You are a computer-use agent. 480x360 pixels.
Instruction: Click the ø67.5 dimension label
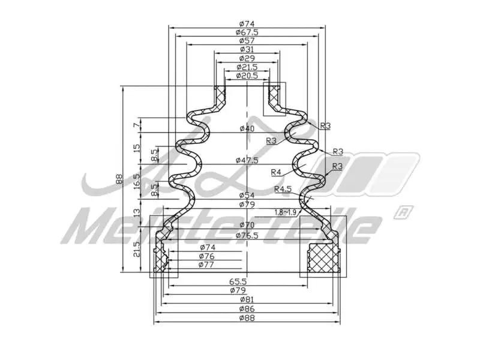pos(247,32)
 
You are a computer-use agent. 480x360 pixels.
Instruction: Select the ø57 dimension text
pos(247,41)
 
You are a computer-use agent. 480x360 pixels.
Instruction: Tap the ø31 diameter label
pos(247,49)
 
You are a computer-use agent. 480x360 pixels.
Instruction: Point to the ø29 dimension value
pos(247,58)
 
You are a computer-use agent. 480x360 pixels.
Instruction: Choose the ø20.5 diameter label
pos(247,76)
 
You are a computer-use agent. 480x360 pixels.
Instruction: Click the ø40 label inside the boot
pos(247,128)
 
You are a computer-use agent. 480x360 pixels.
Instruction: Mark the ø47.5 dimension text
pos(247,160)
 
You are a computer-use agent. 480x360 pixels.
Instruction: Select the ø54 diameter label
pos(247,196)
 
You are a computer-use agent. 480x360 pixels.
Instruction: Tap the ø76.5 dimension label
pos(247,235)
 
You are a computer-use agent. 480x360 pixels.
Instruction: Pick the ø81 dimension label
pos(247,299)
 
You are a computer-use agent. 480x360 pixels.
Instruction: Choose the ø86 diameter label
pos(247,308)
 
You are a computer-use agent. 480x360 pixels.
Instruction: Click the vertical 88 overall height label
pos(119,178)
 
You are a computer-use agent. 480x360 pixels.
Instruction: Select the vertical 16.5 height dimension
pos(137,179)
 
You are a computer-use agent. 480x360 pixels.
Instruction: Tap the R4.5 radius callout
pos(283,190)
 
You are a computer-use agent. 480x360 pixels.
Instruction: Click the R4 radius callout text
pos(276,172)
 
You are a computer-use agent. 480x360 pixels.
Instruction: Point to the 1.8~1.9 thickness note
pos(286,212)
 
